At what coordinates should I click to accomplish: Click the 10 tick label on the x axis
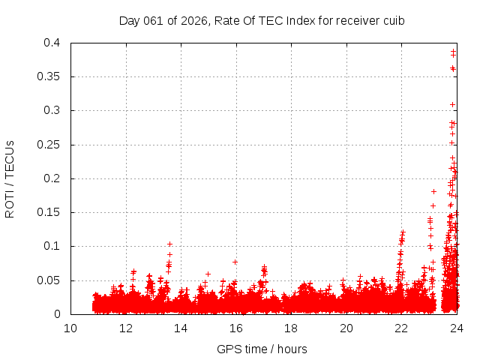click(x=70, y=328)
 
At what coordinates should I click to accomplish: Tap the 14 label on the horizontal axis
click(x=181, y=328)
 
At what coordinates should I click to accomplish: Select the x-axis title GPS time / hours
click(x=262, y=349)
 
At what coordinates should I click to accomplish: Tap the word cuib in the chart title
click(x=394, y=20)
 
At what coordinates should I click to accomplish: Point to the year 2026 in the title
click(x=193, y=20)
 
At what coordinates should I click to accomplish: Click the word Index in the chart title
click(x=289, y=20)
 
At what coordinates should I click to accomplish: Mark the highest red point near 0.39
click(x=453, y=51)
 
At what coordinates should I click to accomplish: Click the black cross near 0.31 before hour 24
click(x=452, y=104)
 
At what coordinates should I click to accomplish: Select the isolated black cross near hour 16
click(x=235, y=262)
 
